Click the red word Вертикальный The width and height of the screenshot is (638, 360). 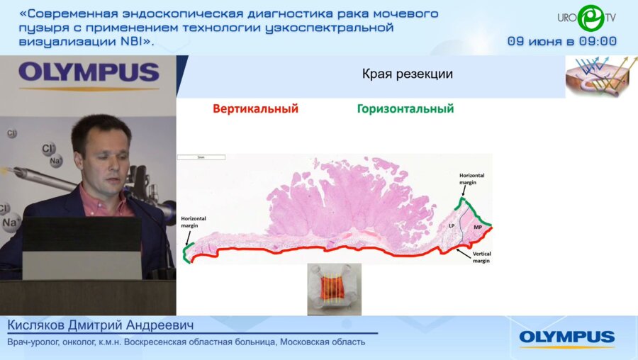(255, 109)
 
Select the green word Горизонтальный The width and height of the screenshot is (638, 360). (405, 109)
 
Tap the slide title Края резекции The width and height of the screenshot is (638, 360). (407, 74)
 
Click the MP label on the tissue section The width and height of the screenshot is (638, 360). (478, 226)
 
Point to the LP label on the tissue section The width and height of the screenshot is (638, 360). (452, 225)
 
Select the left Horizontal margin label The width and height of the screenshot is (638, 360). (194, 222)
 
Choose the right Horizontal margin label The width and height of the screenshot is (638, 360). (473, 178)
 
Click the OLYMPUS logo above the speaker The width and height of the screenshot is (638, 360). (89, 73)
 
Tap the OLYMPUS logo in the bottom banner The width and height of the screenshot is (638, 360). (566, 337)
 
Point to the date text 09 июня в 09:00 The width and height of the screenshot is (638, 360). (561, 41)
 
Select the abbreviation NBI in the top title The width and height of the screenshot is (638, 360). (132, 41)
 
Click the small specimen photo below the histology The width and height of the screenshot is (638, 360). (334, 288)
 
